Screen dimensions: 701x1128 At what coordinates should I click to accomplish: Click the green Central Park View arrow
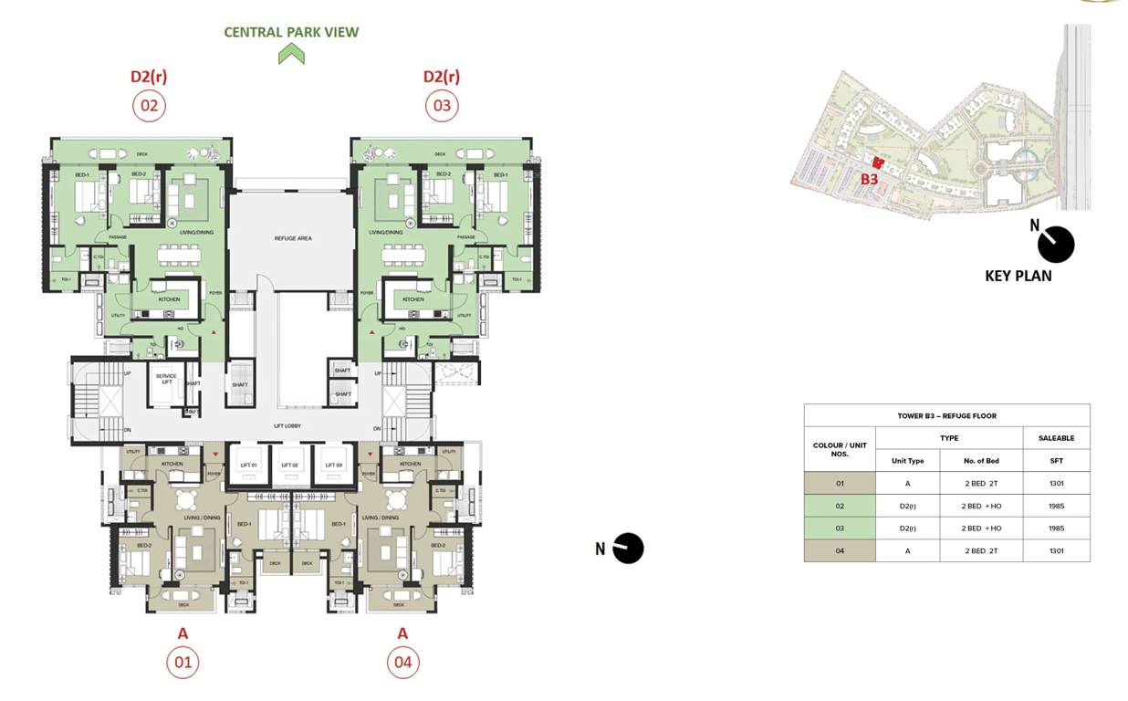tap(291, 55)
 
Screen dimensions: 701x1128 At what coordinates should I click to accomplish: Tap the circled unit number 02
tap(148, 106)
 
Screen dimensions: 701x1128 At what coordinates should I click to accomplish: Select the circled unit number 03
tap(442, 106)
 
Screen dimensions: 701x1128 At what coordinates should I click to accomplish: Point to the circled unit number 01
tap(183, 662)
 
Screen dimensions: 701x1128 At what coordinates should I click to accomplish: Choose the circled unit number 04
tap(402, 662)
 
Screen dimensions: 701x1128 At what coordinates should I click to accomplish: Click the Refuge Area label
tap(293, 238)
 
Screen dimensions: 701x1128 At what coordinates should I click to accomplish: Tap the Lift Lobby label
tap(287, 426)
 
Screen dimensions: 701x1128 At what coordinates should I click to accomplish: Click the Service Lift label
tap(166, 379)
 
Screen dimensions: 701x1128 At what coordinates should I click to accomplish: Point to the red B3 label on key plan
tap(869, 180)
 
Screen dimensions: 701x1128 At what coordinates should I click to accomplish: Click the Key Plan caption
tap(1018, 276)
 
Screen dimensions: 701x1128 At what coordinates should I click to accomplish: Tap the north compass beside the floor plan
tap(628, 549)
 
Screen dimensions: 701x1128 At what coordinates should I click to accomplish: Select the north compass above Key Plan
tap(1056, 244)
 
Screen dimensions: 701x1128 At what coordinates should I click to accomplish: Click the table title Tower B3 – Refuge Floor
tap(946, 416)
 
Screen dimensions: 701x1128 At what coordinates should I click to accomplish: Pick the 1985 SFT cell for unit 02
tap(1056, 506)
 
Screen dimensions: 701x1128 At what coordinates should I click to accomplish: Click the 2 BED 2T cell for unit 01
tap(981, 484)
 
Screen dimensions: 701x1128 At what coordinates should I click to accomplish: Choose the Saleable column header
tap(1056, 438)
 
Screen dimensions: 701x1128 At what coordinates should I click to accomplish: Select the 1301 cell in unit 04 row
tap(1056, 550)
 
